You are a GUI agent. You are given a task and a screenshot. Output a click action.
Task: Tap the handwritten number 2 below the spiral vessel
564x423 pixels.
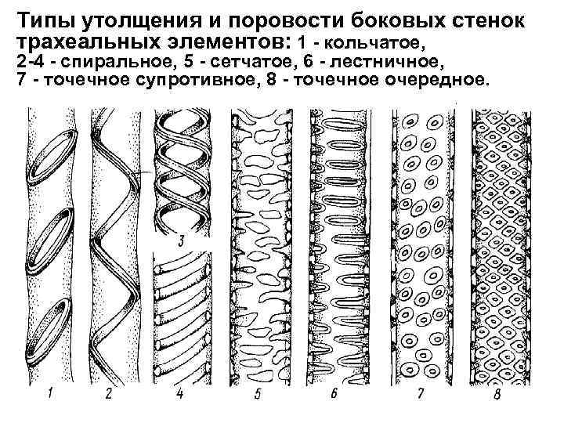point(108,394)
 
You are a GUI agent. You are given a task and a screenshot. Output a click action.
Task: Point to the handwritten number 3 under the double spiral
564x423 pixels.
point(181,240)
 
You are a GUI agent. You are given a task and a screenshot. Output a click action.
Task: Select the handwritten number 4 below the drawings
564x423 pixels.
point(179,394)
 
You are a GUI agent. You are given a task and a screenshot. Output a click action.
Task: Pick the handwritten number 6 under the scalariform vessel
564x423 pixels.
point(334,394)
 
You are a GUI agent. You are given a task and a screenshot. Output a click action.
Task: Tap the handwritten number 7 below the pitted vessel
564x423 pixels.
point(421,394)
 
